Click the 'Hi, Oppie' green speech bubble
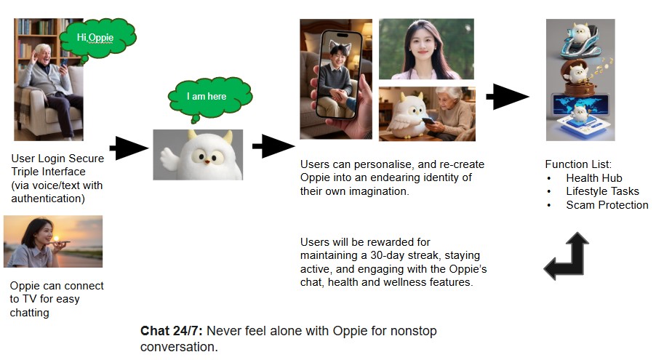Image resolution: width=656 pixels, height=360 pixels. coord(98,39)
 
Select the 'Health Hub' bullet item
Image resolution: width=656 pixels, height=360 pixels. coord(593,178)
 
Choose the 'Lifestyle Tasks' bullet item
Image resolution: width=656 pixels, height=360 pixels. coord(602,191)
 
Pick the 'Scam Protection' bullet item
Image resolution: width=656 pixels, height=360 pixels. coord(607,204)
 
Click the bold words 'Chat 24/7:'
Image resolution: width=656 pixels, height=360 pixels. coord(172,331)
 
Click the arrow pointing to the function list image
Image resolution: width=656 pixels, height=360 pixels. coord(508,97)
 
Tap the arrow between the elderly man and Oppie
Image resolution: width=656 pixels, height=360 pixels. coord(129,148)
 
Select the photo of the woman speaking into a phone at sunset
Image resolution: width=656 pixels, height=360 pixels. coord(53,241)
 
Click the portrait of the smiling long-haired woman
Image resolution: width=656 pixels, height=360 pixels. coord(426,49)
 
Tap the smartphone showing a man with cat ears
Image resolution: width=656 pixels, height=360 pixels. coord(338,75)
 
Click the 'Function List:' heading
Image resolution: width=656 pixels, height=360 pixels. coord(578,164)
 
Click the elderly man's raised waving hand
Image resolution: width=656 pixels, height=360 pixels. coord(33,56)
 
